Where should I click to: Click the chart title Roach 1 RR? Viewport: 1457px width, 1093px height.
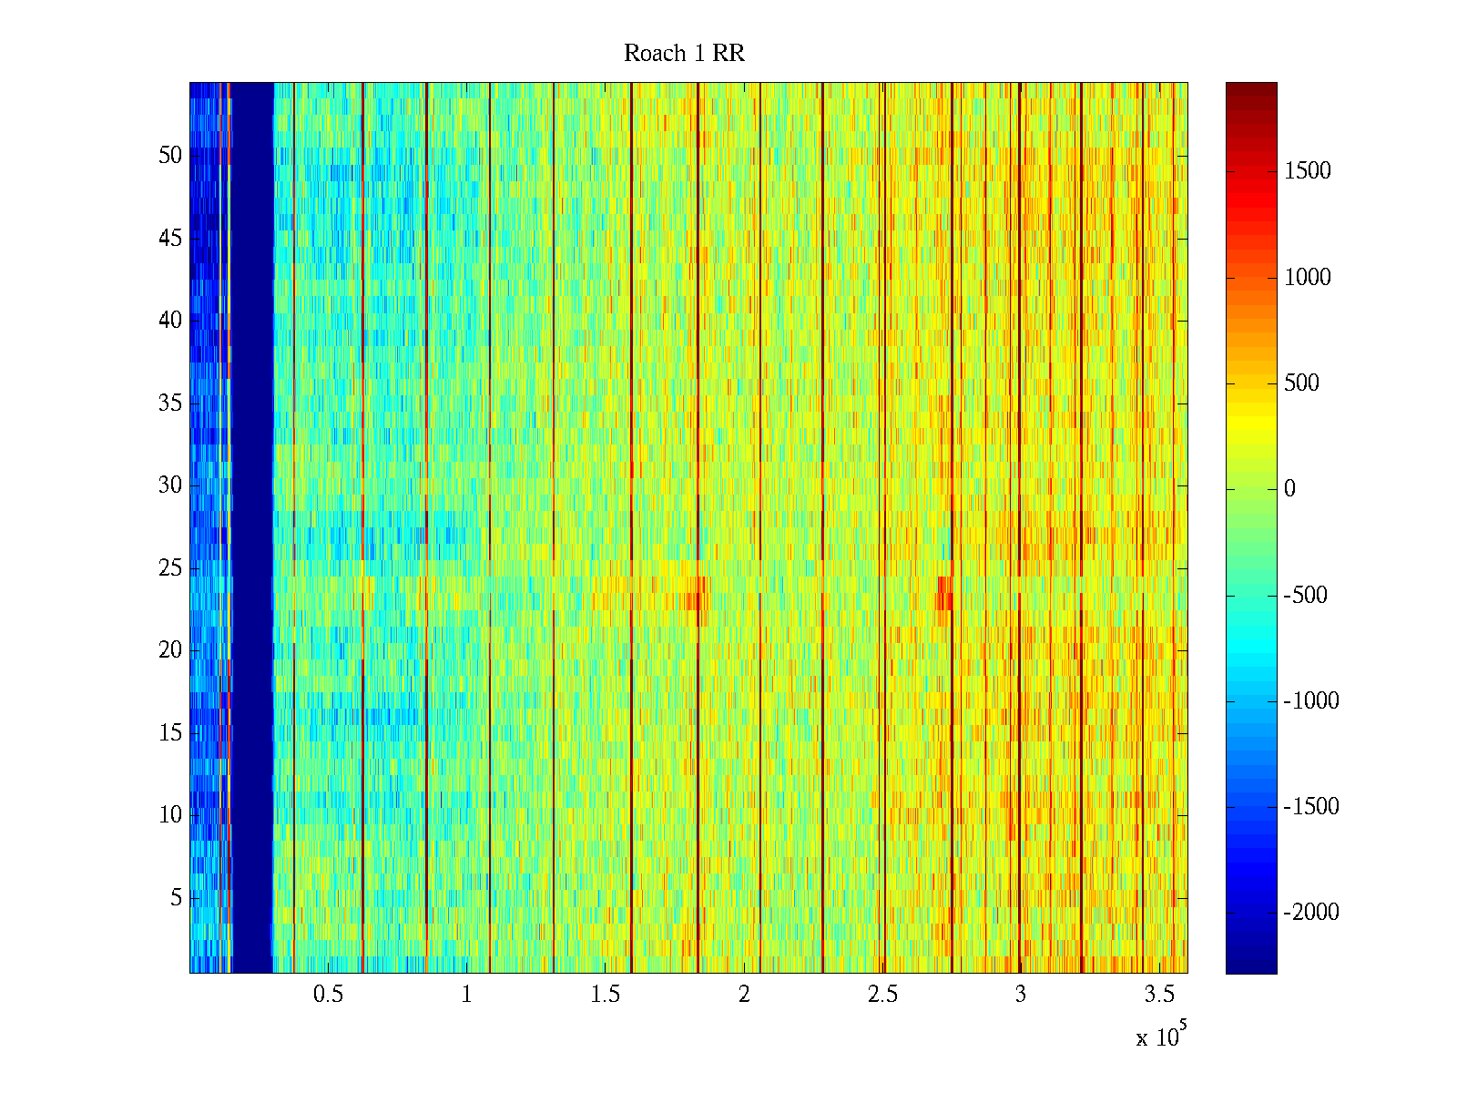(x=684, y=54)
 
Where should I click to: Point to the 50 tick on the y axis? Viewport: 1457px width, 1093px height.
(x=170, y=156)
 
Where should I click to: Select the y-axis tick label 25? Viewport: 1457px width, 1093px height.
(x=170, y=568)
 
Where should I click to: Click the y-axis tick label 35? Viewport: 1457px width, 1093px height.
(x=170, y=403)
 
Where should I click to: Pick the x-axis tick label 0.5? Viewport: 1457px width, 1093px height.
(x=328, y=995)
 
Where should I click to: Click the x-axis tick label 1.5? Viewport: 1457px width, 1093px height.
(x=605, y=995)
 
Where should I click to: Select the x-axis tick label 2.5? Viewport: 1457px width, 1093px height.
(x=882, y=995)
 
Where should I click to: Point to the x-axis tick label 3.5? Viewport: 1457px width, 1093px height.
(x=1159, y=995)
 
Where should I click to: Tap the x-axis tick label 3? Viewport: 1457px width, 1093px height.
(x=1021, y=995)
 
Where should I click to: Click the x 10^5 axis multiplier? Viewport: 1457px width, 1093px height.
(x=1160, y=1037)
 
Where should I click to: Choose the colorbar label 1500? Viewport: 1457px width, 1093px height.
(x=1308, y=171)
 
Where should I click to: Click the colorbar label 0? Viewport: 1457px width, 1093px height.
(x=1289, y=489)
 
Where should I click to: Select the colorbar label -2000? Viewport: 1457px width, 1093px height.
(x=1311, y=913)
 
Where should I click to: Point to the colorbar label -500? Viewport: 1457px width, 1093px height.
(x=1305, y=596)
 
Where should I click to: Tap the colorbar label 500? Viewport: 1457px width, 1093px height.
(x=1301, y=383)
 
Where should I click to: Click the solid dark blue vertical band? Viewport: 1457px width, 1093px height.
(x=252, y=528)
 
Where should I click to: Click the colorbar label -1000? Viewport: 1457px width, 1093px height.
(x=1311, y=701)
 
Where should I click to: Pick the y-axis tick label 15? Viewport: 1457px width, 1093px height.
(x=170, y=733)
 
